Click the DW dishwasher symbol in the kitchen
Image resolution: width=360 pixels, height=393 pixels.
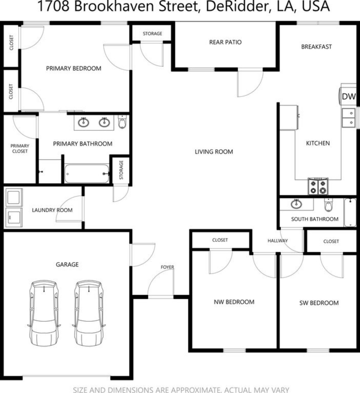point(348,97)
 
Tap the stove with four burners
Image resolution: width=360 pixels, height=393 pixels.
point(318,187)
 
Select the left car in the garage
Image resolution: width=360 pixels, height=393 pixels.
point(44,313)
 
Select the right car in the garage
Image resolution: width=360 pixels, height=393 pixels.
point(89,313)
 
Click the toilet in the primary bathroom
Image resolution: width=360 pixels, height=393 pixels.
point(122,122)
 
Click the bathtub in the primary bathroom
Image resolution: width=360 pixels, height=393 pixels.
point(87,174)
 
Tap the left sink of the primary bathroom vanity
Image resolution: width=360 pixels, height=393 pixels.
point(83,122)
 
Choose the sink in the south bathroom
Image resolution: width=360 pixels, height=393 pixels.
point(296,204)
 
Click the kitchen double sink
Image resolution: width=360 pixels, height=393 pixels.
point(349,118)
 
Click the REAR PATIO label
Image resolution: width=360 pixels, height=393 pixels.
point(225,42)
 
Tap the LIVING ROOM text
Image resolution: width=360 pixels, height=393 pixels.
point(214,152)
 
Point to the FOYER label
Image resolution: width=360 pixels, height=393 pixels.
point(167,267)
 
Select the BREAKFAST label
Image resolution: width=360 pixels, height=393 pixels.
point(316,47)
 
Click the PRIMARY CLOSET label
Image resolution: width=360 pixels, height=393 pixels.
point(20,148)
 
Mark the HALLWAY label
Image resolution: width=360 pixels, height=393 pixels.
point(277,241)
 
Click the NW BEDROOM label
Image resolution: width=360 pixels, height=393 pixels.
point(234,302)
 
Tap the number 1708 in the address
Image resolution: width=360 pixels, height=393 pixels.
point(53,7)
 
